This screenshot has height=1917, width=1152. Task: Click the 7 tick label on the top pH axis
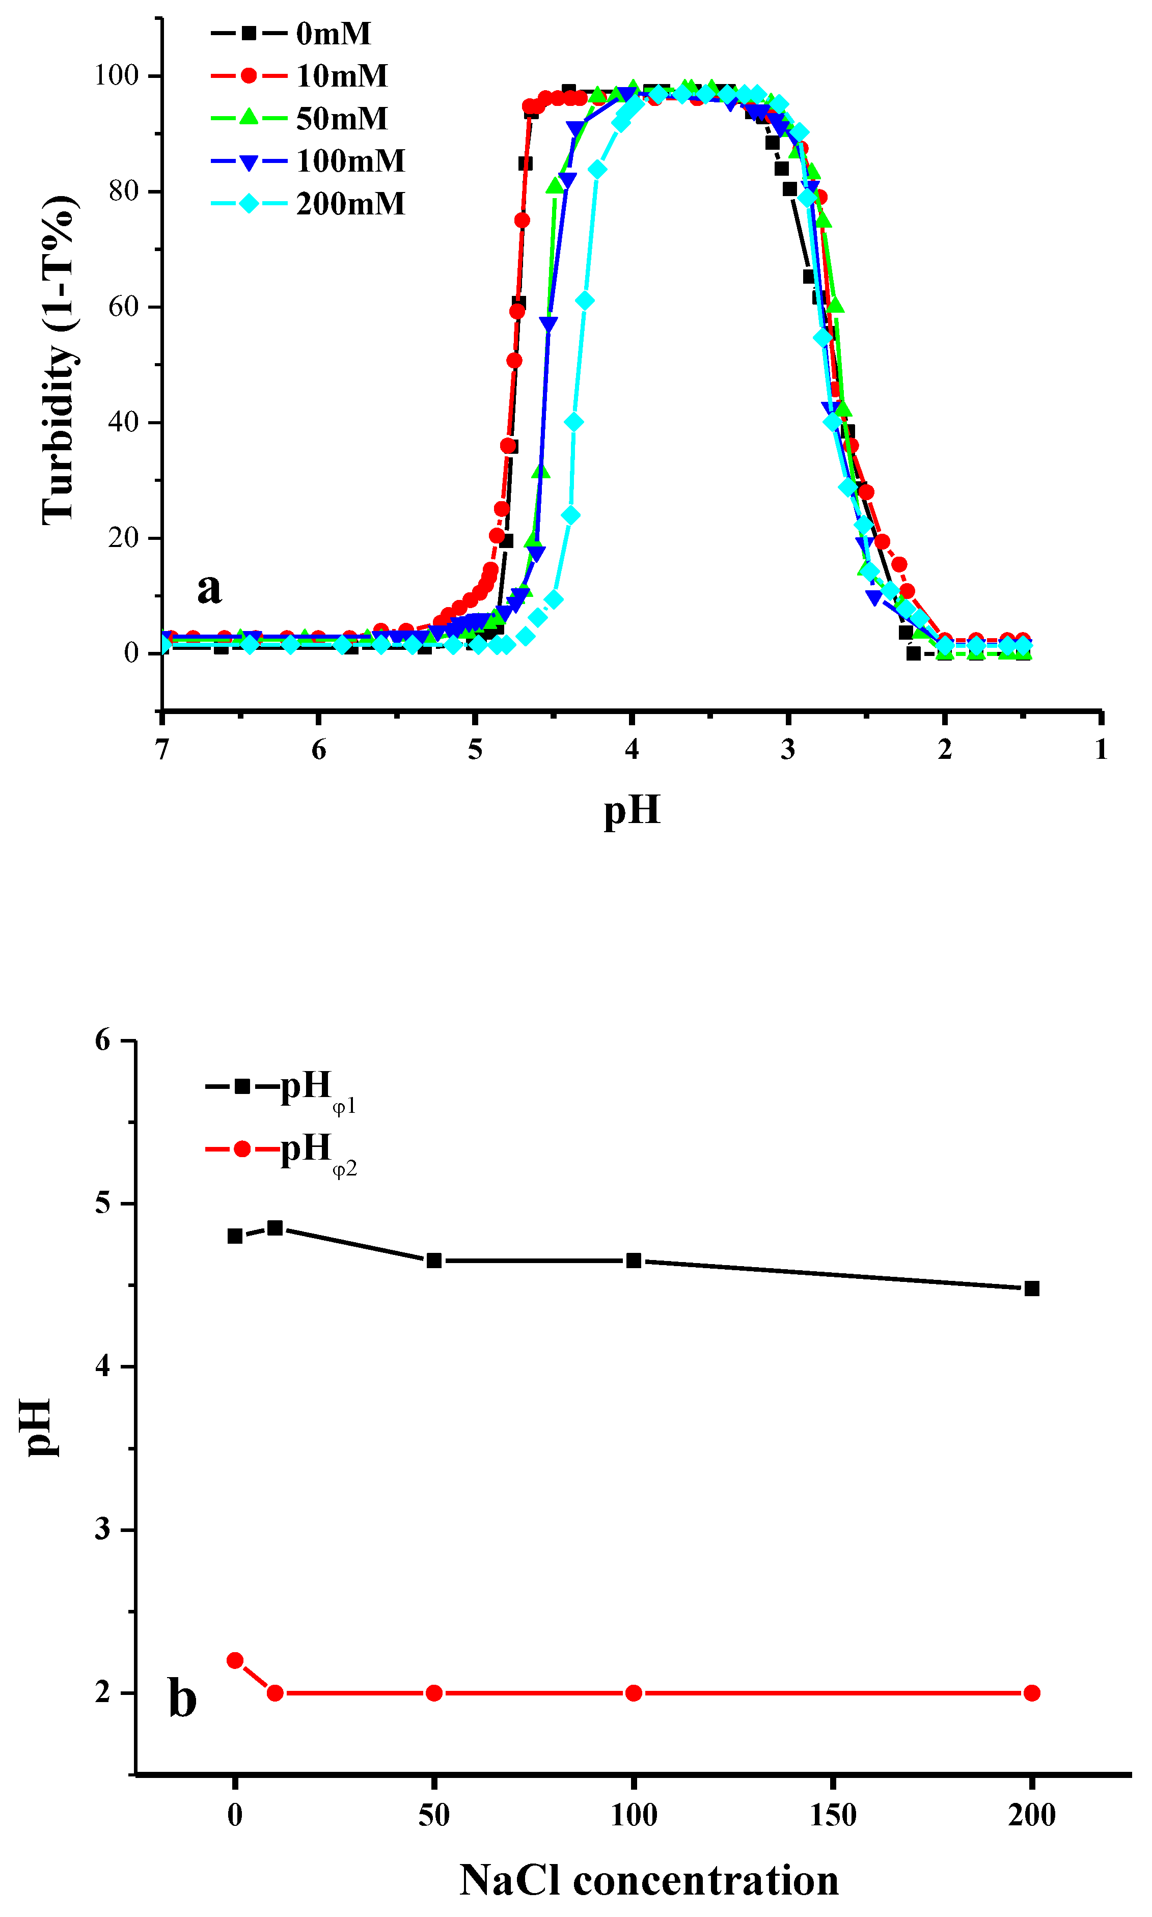click(161, 750)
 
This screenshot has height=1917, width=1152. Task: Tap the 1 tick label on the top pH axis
click(1101, 750)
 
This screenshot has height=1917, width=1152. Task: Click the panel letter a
click(209, 588)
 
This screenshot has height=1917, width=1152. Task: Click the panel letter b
click(182, 1697)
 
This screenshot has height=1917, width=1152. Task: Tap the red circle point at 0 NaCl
click(234, 1660)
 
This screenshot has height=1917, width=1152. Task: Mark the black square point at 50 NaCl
click(434, 1261)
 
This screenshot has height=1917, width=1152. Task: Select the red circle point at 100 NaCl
click(634, 1693)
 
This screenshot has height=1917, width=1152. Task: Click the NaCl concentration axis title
click(649, 1880)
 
